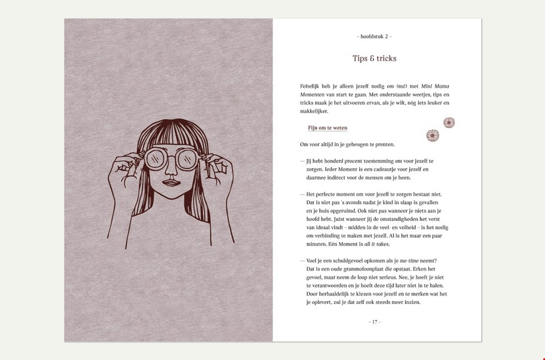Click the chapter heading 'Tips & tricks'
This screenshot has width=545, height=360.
pos(374,58)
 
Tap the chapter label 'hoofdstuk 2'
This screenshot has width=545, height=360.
pos(374,36)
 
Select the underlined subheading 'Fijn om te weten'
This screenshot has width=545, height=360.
pos(328,128)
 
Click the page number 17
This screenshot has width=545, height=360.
pos(374,322)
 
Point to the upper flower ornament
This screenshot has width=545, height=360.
pos(449,123)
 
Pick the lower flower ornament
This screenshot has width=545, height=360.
pos(433,135)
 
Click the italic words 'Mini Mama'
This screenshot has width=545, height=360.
pos(435,86)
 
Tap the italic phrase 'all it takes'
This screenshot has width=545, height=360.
pos(377,244)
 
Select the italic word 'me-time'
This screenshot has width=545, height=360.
pos(409,261)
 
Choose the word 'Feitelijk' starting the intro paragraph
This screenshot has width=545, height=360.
pos(310,86)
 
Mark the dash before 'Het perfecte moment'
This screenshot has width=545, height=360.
pos(302,194)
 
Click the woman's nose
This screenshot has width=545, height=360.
pos(171,168)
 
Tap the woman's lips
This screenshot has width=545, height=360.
pos(170,183)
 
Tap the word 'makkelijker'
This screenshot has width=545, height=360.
pos(314,111)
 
